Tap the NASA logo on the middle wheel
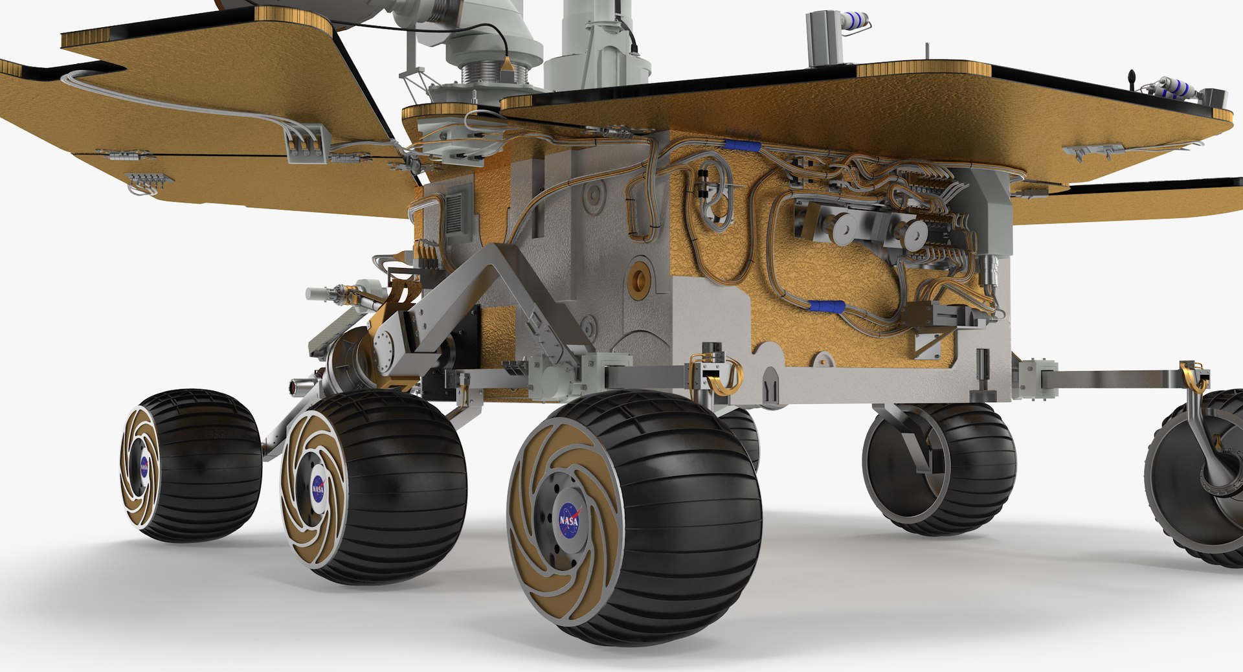point(318,489)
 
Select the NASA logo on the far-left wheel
point(144,466)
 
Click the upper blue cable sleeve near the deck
point(742,145)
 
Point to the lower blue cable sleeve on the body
point(827,306)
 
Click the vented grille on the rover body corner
point(455,210)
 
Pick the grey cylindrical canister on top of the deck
point(823,39)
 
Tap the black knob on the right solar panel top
point(1133,78)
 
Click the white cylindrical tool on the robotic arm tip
point(319,294)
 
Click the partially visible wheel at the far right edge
point(1198,479)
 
